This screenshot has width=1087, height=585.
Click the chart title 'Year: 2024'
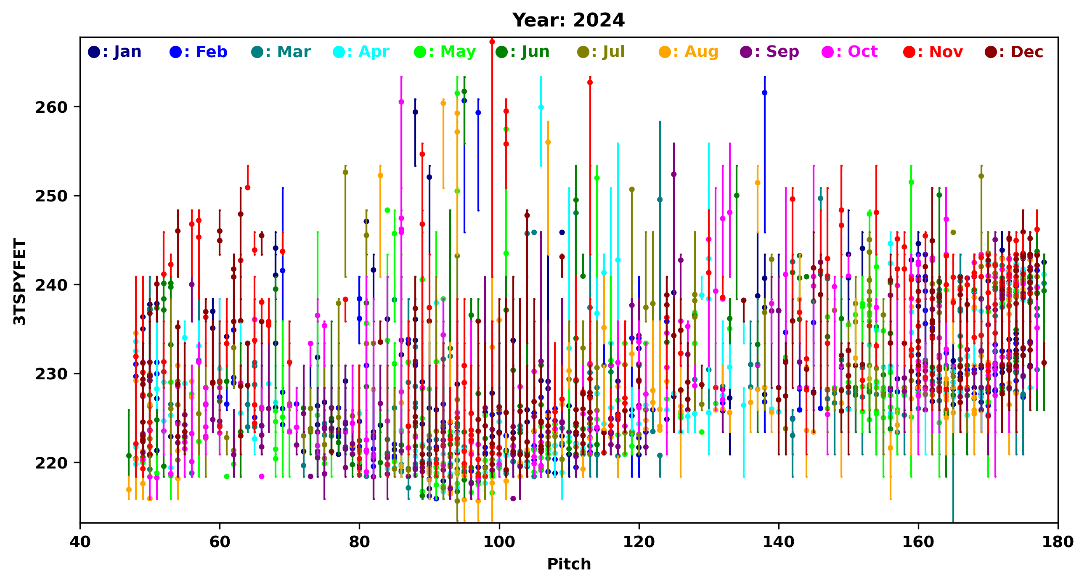(568, 20)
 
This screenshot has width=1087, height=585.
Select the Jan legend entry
(114, 52)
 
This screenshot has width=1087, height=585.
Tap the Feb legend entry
(198, 52)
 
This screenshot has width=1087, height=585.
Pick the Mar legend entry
(281, 52)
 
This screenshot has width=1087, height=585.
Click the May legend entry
(445, 52)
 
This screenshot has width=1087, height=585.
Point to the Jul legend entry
(601, 52)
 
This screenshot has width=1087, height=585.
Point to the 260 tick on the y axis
(51, 108)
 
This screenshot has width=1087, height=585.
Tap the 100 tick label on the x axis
(499, 542)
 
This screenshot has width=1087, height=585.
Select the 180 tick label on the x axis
(1058, 542)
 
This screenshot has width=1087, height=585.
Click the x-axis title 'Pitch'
(569, 564)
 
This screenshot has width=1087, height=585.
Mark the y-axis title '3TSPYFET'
(19, 281)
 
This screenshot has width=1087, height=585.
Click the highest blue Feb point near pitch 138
(765, 93)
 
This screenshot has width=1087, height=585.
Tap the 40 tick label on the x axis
(80, 542)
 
